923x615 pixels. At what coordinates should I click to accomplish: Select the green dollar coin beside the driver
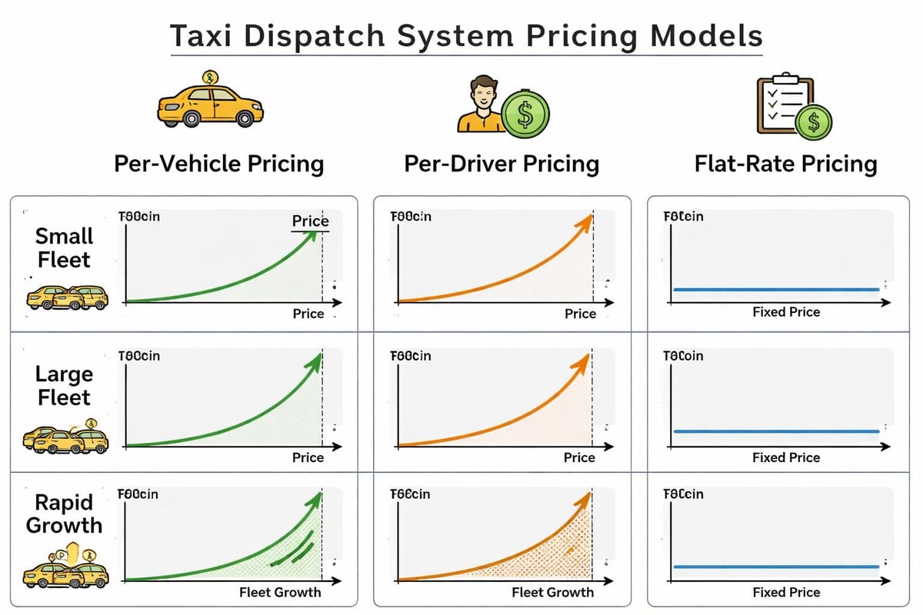525,117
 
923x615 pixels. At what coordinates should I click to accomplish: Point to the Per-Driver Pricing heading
501,164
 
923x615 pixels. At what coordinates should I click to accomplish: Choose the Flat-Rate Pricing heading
785,164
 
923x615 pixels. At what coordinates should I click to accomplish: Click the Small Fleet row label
65,248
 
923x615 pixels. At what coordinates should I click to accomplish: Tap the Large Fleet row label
65,386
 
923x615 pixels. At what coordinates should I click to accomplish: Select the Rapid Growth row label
65,514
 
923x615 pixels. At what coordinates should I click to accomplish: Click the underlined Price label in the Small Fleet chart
310,221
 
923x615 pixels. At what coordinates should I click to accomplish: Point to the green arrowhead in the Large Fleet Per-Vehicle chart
316,360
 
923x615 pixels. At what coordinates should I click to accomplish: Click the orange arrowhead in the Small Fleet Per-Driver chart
587,220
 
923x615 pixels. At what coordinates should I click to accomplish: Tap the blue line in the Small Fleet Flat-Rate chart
775,290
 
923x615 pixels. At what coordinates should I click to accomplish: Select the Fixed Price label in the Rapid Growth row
785,593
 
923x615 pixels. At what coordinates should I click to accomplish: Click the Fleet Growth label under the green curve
280,593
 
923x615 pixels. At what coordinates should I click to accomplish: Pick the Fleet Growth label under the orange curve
552,593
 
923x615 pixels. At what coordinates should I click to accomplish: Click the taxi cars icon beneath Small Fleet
68,297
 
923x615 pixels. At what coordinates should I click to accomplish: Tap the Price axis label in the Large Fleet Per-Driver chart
580,457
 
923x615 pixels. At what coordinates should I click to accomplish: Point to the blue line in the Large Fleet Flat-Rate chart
775,431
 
